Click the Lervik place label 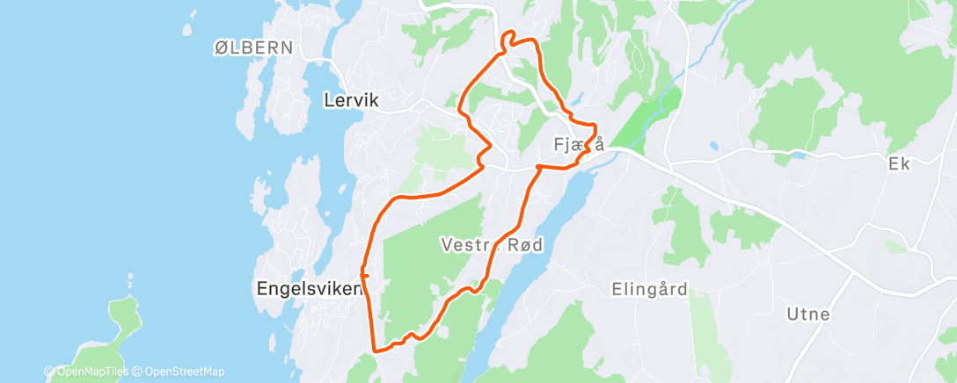pyautogui.click(x=350, y=101)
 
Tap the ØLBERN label pyautogui.click(x=252, y=48)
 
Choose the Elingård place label pyautogui.click(x=649, y=288)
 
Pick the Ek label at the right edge pyautogui.click(x=897, y=163)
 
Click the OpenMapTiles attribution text pyautogui.click(x=86, y=372)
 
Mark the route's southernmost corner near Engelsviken pyautogui.click(x=376, y=350)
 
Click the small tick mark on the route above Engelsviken pyautogui.click(x=363, y=275)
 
